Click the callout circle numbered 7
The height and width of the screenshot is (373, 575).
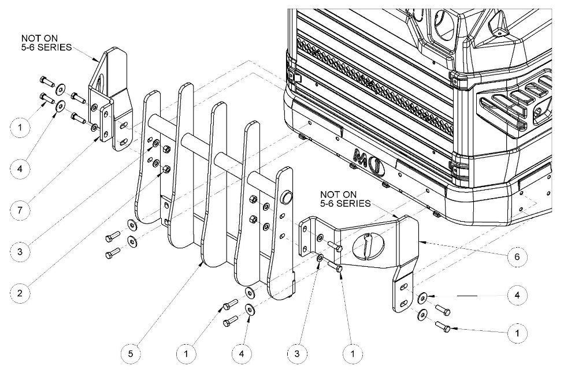coord(20,210)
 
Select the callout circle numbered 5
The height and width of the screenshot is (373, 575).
coord(131,353)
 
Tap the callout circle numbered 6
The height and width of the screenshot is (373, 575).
coord(517,256)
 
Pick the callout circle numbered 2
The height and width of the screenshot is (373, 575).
coord(20,293)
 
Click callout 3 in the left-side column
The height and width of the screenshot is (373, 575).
coord(20,251)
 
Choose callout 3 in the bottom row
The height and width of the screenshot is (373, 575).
coord(296,353)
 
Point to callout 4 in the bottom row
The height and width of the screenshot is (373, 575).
coord(242,353)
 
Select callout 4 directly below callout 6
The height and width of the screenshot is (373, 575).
coord(517,295)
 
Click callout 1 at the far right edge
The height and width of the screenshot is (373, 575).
coord(517,333)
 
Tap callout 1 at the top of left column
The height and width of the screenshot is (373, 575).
coord(20,128)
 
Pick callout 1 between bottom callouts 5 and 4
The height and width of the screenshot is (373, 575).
coord(186,353)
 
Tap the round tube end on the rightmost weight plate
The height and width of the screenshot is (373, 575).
coord(287,198)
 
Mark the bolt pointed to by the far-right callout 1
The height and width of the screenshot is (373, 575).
coord(442,326)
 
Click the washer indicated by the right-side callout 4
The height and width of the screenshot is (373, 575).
coord(422,297)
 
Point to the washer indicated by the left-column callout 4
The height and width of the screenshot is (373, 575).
coord(60,107)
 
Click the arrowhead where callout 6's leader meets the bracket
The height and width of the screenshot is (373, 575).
coord(421,242)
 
